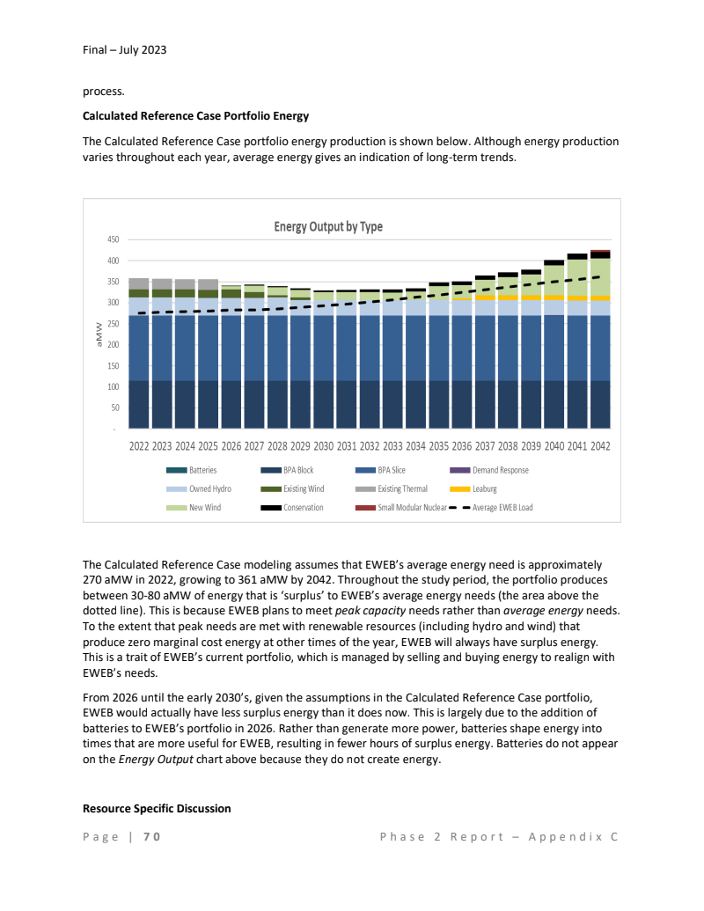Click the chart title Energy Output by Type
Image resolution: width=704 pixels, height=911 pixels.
[x=328, y=226]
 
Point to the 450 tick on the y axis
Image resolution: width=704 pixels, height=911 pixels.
[x=113, y=239]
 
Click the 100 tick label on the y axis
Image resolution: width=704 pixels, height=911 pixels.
[x=113, y=387]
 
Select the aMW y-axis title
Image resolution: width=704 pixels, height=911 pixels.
[x=97, y=334]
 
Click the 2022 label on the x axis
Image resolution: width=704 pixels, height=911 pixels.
[x=139, y=446]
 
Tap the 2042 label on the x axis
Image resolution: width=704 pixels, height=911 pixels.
[x=600, y=446]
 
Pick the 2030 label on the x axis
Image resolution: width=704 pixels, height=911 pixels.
[x=324, y=446]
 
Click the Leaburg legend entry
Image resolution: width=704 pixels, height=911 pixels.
[x=484, y=489]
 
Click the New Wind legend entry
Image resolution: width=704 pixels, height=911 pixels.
[x=205, y=507]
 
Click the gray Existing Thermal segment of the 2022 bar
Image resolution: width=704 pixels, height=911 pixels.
[x=139, y=283]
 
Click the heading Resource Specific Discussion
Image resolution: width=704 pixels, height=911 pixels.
[x=157, y=808]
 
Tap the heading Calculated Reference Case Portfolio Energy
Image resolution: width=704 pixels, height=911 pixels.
[x=195, y=115]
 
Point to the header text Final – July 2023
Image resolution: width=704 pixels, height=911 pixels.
[x=124, y=49]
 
